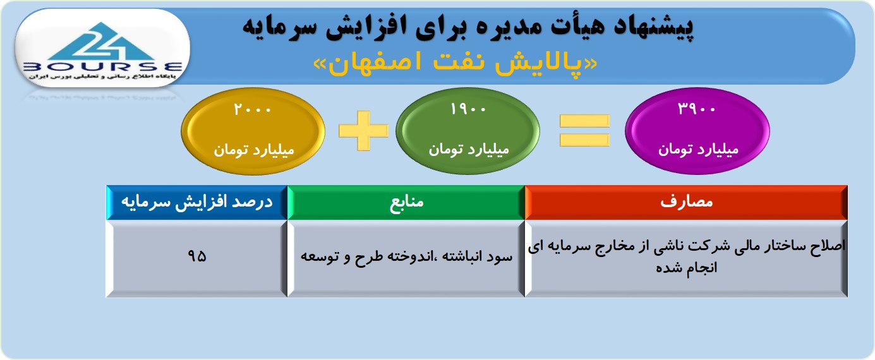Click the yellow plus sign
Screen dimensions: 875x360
tap(363, 130)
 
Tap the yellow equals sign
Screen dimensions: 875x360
tap(584, 130)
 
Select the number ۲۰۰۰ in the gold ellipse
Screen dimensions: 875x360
tap(252, 109)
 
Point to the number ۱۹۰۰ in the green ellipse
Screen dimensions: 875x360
tap(468, 109)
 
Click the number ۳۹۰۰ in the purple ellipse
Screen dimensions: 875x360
tap(696, 108)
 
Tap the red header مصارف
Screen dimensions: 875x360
tap(686, 202)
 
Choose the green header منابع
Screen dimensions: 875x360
tap(406, 202)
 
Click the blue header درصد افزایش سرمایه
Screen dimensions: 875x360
tap(197, 202)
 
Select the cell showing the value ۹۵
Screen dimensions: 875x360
tap(197, 258)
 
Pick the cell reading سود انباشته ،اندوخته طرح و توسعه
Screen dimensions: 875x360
tap(406, 258)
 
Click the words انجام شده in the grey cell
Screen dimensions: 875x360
tap(686, 268)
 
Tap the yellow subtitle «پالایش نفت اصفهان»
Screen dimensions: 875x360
tap(455, 63)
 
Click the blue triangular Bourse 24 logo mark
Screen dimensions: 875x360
tap(102, 42)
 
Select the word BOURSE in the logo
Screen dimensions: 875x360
tap(102, 67)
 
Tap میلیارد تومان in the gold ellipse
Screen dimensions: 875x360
tap(253, 150)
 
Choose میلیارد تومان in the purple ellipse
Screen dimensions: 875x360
tap(698, 149)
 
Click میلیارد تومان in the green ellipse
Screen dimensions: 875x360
tap(469, 149)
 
